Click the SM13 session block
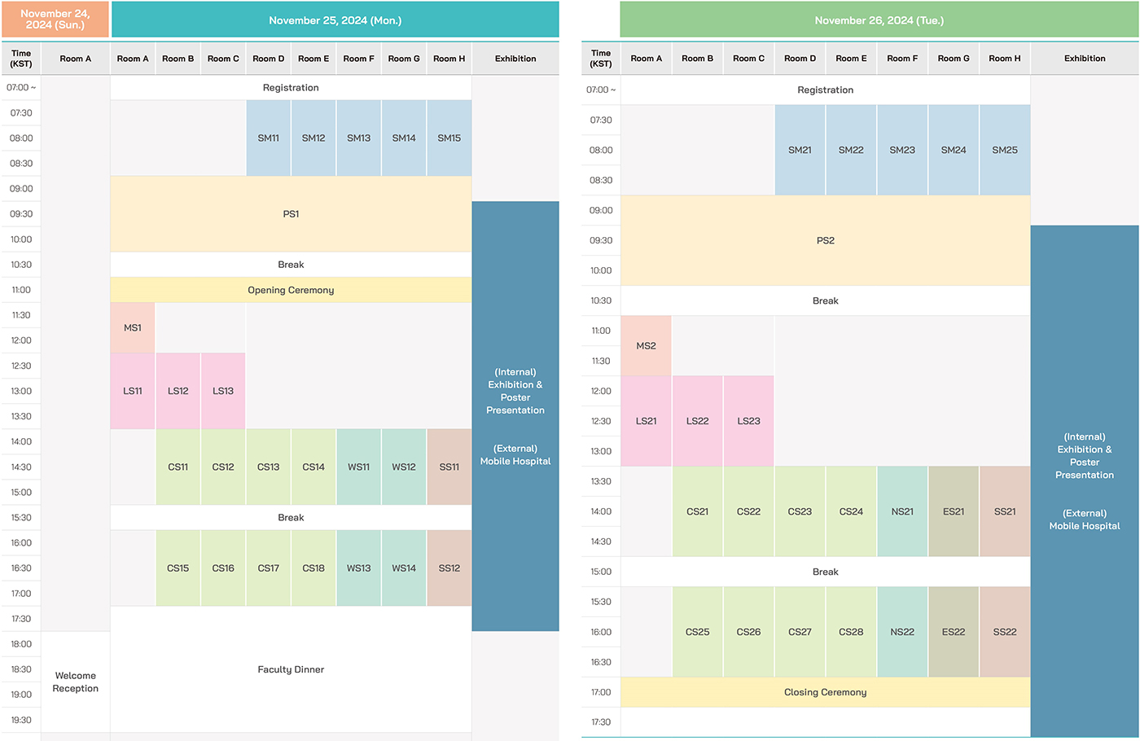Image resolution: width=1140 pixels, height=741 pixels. point(358,138)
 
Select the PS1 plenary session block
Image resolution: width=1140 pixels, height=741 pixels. point(291,214)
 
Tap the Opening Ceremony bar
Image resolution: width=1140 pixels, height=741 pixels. point(291,290)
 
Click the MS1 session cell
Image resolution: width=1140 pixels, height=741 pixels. point(133,328)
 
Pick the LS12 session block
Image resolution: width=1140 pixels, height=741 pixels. point(178,391)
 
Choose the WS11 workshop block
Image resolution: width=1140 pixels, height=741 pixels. point(358,467)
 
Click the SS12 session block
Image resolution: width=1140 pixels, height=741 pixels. point(449,568)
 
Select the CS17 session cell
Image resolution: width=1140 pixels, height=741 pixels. point(269,568)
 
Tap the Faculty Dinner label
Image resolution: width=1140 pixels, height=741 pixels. point(291,669)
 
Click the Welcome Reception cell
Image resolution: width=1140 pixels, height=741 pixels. point(76,682)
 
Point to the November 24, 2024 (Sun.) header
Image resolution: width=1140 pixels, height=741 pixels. point(55,20)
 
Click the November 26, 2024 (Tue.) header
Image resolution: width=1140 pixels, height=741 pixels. point(879,20)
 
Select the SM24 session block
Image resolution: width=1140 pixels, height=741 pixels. point(954,150)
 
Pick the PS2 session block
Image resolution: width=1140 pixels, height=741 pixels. point(826,240)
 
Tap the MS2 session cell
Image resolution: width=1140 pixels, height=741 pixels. point(647,346)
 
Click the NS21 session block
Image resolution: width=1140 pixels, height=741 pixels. point(902,511)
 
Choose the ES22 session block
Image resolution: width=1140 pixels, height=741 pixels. point(954,632)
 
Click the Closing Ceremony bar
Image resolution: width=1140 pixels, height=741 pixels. point(826,692)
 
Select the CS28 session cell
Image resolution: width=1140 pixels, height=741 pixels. point(851,632)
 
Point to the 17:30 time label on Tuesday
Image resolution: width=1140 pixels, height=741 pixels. point(601,722)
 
